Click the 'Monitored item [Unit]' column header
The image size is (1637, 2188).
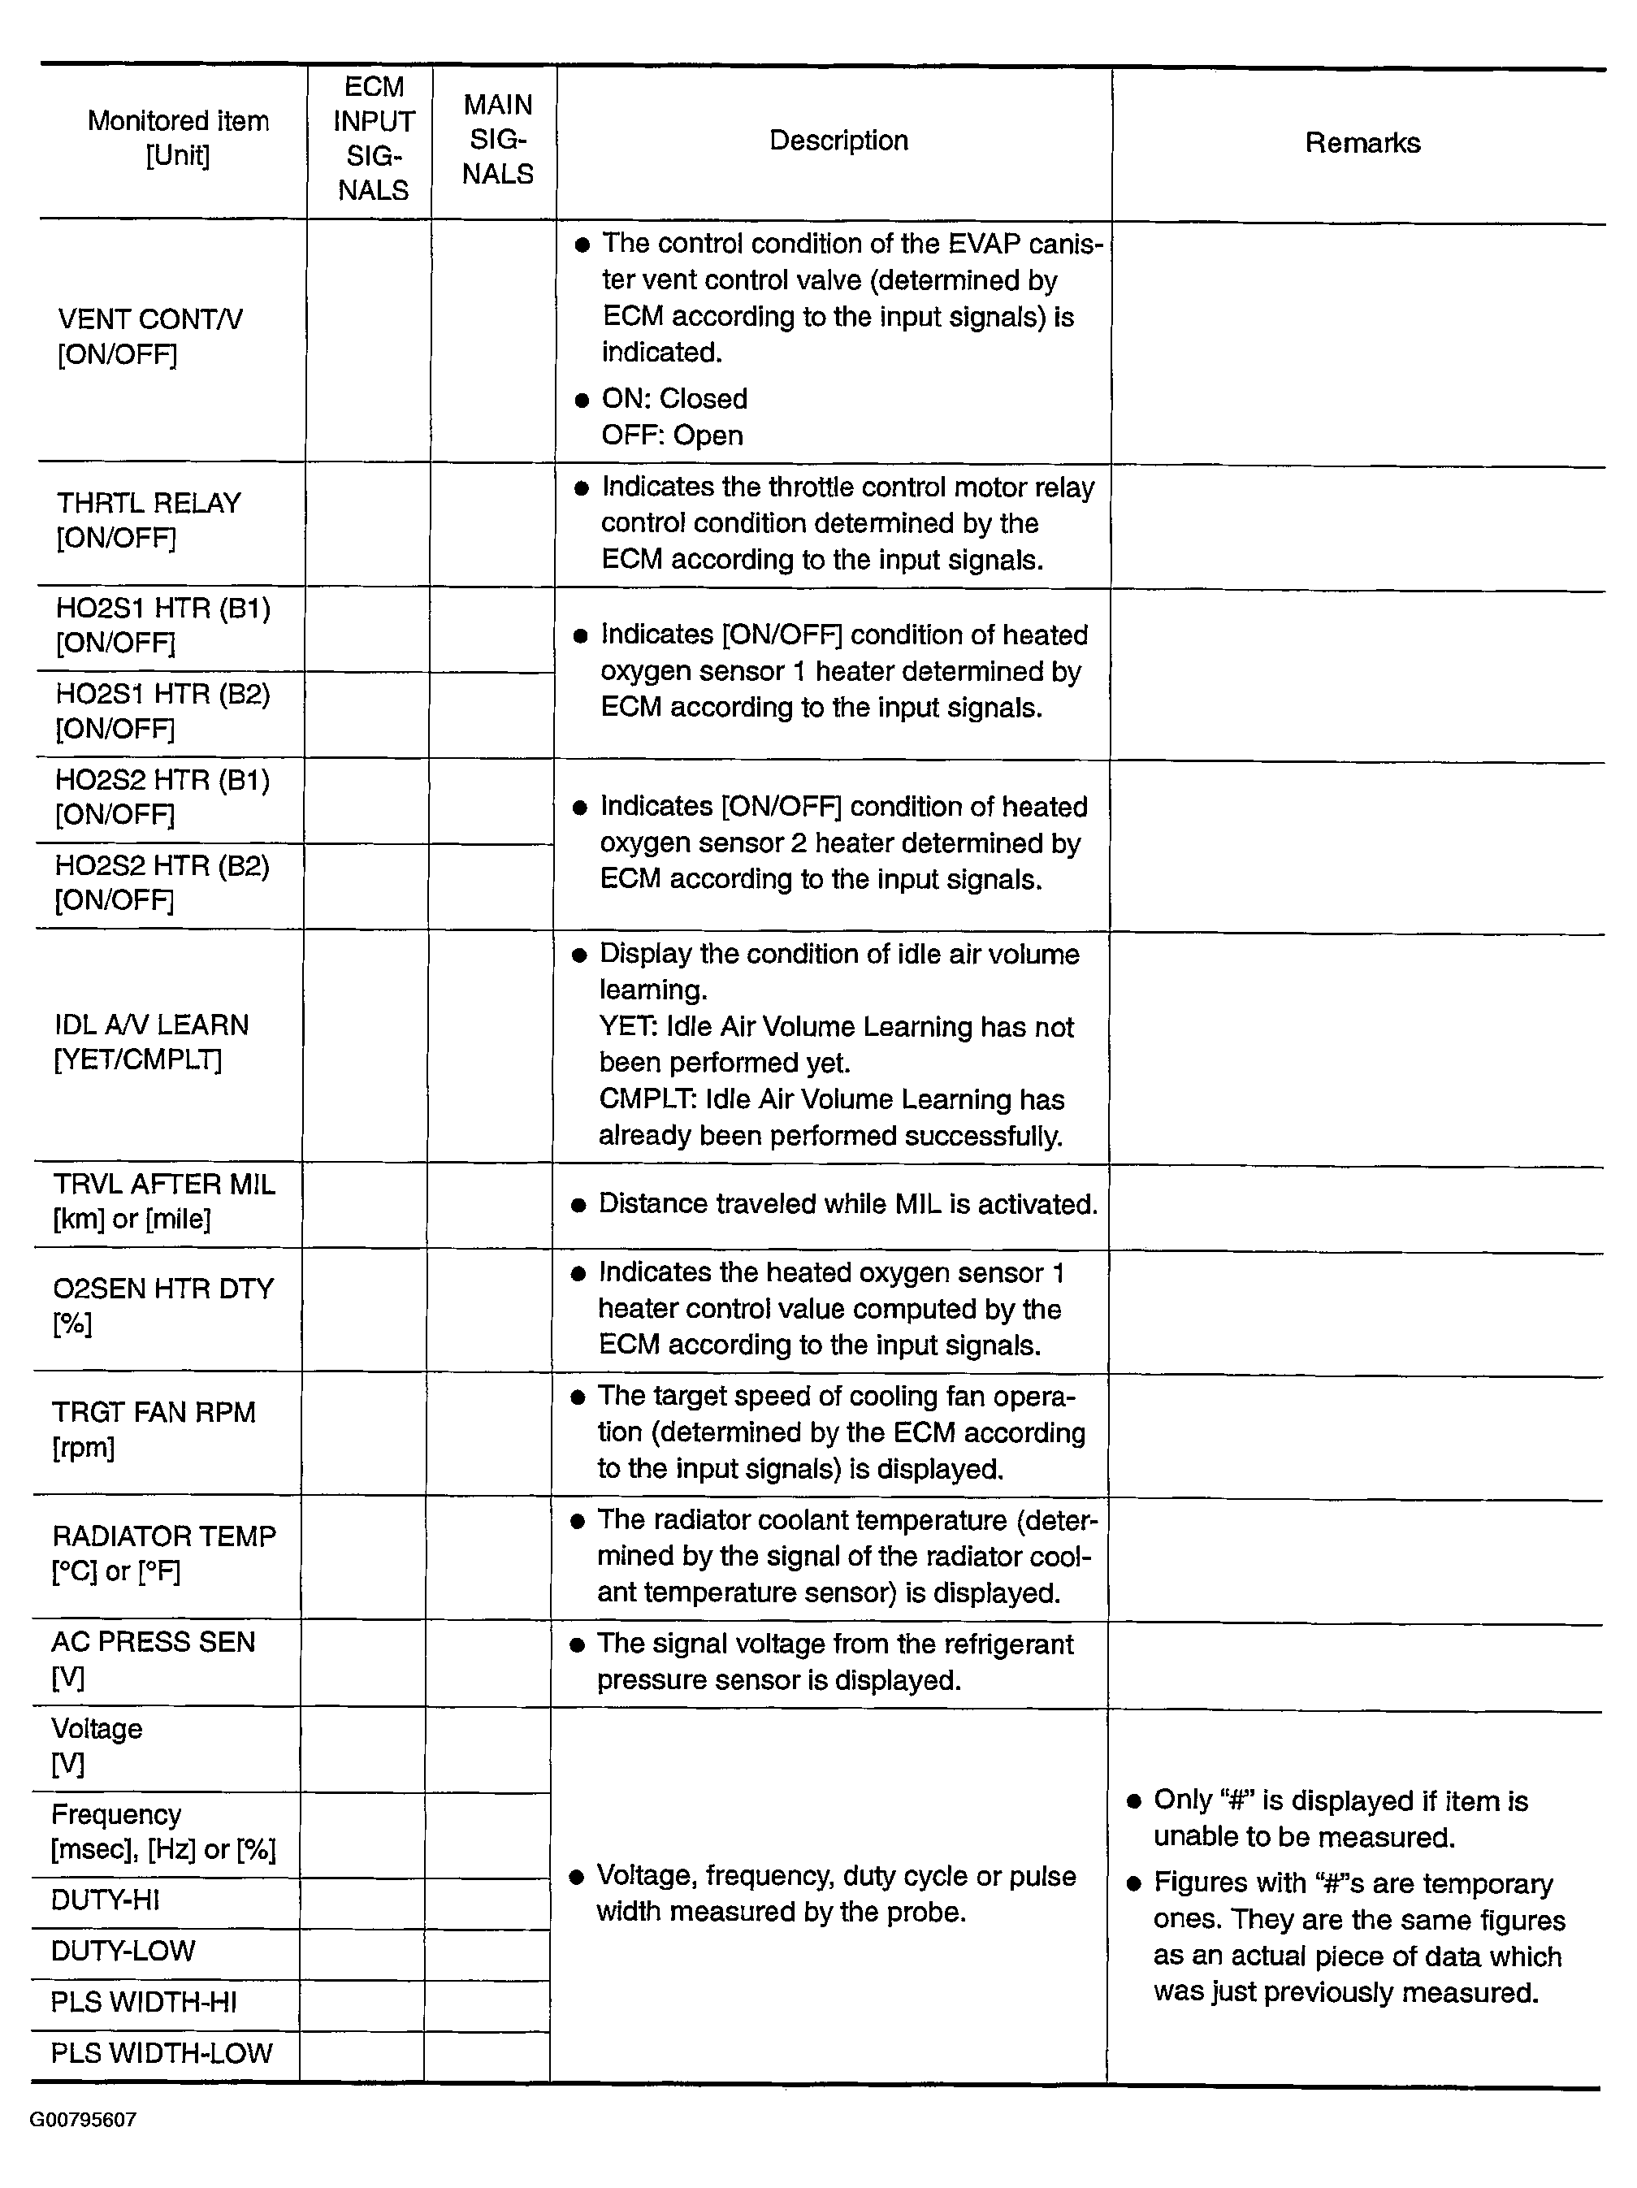178,138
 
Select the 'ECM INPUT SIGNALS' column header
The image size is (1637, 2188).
373,138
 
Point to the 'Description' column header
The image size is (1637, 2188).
838,141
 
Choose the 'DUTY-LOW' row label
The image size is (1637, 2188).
123,1951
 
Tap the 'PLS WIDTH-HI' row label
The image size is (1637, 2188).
144,2002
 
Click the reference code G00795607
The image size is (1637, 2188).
83,2119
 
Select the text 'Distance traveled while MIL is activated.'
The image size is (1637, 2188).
847,1204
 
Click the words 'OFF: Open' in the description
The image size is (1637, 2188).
672,435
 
